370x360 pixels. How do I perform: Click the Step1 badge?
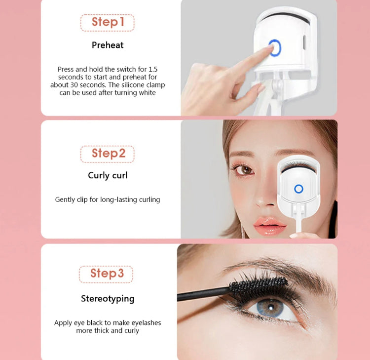point(107,22)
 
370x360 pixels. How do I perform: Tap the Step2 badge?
point(107,154)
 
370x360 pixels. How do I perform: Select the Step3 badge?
point(106,274)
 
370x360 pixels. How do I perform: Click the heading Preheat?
point(108,45)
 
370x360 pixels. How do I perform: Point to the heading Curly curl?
point(108,175)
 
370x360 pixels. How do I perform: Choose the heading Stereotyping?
point(108,298)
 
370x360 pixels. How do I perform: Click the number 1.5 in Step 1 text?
point(152,69)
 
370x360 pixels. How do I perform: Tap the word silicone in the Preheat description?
point(132,85)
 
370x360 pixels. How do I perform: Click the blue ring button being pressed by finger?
point(275,48)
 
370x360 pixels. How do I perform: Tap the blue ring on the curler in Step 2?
point(298,189)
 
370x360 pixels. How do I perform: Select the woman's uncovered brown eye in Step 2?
point(245,169)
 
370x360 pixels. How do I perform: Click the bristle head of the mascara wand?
point(259,285)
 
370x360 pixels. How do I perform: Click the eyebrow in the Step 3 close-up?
point(281,269)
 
